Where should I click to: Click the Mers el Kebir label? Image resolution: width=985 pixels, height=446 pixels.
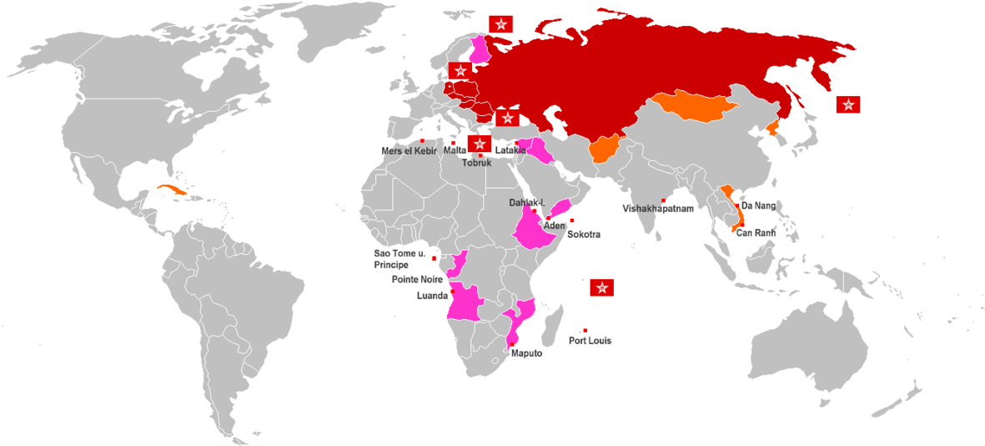(x=409, y=151)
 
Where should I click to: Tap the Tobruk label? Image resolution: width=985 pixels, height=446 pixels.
(x=477, y=163)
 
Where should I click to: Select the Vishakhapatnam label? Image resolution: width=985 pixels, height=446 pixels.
(x=657, y=209)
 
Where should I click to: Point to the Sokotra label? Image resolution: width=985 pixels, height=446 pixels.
(x=583, y=235)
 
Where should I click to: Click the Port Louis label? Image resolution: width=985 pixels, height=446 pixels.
(x=590, y=341)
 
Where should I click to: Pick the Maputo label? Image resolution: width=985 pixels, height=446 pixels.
(x=525, y=354)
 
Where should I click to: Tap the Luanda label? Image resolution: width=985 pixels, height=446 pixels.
(x=432, y=296)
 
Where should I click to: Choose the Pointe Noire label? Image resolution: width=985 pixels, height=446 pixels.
(x=417, y=280)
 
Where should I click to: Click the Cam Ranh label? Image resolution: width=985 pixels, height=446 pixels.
(x=756, y=234)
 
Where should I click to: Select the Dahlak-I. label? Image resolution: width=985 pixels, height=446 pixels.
(x=527, y=203)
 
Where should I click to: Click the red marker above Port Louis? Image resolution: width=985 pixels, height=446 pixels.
(x=585, y=331)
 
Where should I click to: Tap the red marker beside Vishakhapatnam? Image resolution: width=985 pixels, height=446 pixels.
(x=664, y=200)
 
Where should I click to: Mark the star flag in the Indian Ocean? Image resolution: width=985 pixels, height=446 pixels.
(x=602, y=288)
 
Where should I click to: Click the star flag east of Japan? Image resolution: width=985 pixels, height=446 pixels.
(x=848, y=104)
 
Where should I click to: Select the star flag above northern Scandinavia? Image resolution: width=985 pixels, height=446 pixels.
(x=500, y=24)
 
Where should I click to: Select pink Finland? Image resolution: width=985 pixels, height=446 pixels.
(x=480, y=50)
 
